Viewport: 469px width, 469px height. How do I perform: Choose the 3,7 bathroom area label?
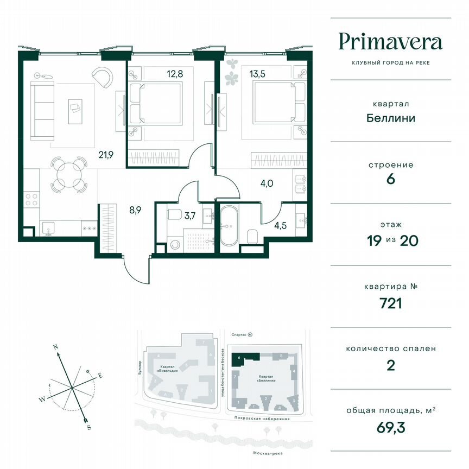[x=190, y=216]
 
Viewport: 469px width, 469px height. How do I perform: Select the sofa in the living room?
[x=40, y=111]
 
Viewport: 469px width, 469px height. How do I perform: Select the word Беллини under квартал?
[x=390, y=118]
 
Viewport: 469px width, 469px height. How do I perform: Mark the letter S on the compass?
[x=88, y=428]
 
